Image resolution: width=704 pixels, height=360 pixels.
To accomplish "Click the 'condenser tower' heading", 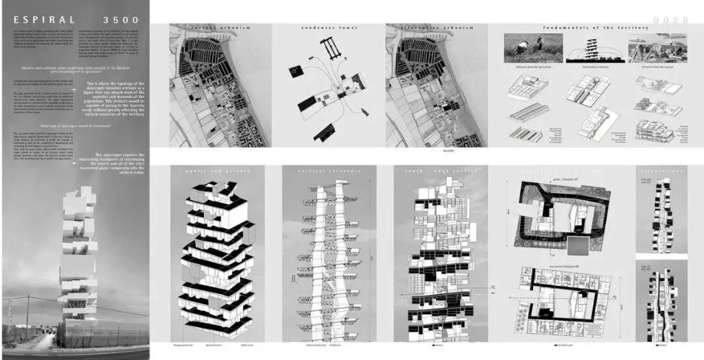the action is tap(328, 27).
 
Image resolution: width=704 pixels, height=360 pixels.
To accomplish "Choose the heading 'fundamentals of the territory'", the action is tap(595, 27).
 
